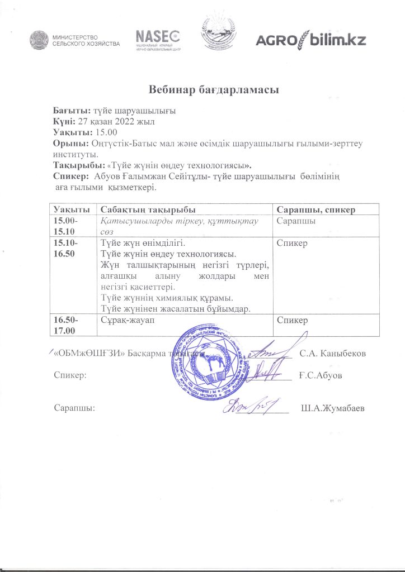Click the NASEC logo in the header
(x=157, y=37)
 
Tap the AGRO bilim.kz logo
(x=310, y=40)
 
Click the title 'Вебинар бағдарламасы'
(x=205, y=90)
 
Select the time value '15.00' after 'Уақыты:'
(x=106, y=132)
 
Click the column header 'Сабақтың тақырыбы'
(x=148, y=209)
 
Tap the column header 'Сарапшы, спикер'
(x=317, y=209)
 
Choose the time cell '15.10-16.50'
(x=65, y=249)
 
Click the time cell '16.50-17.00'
(x=66, y=326)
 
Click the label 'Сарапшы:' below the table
(x=74, y=408)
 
